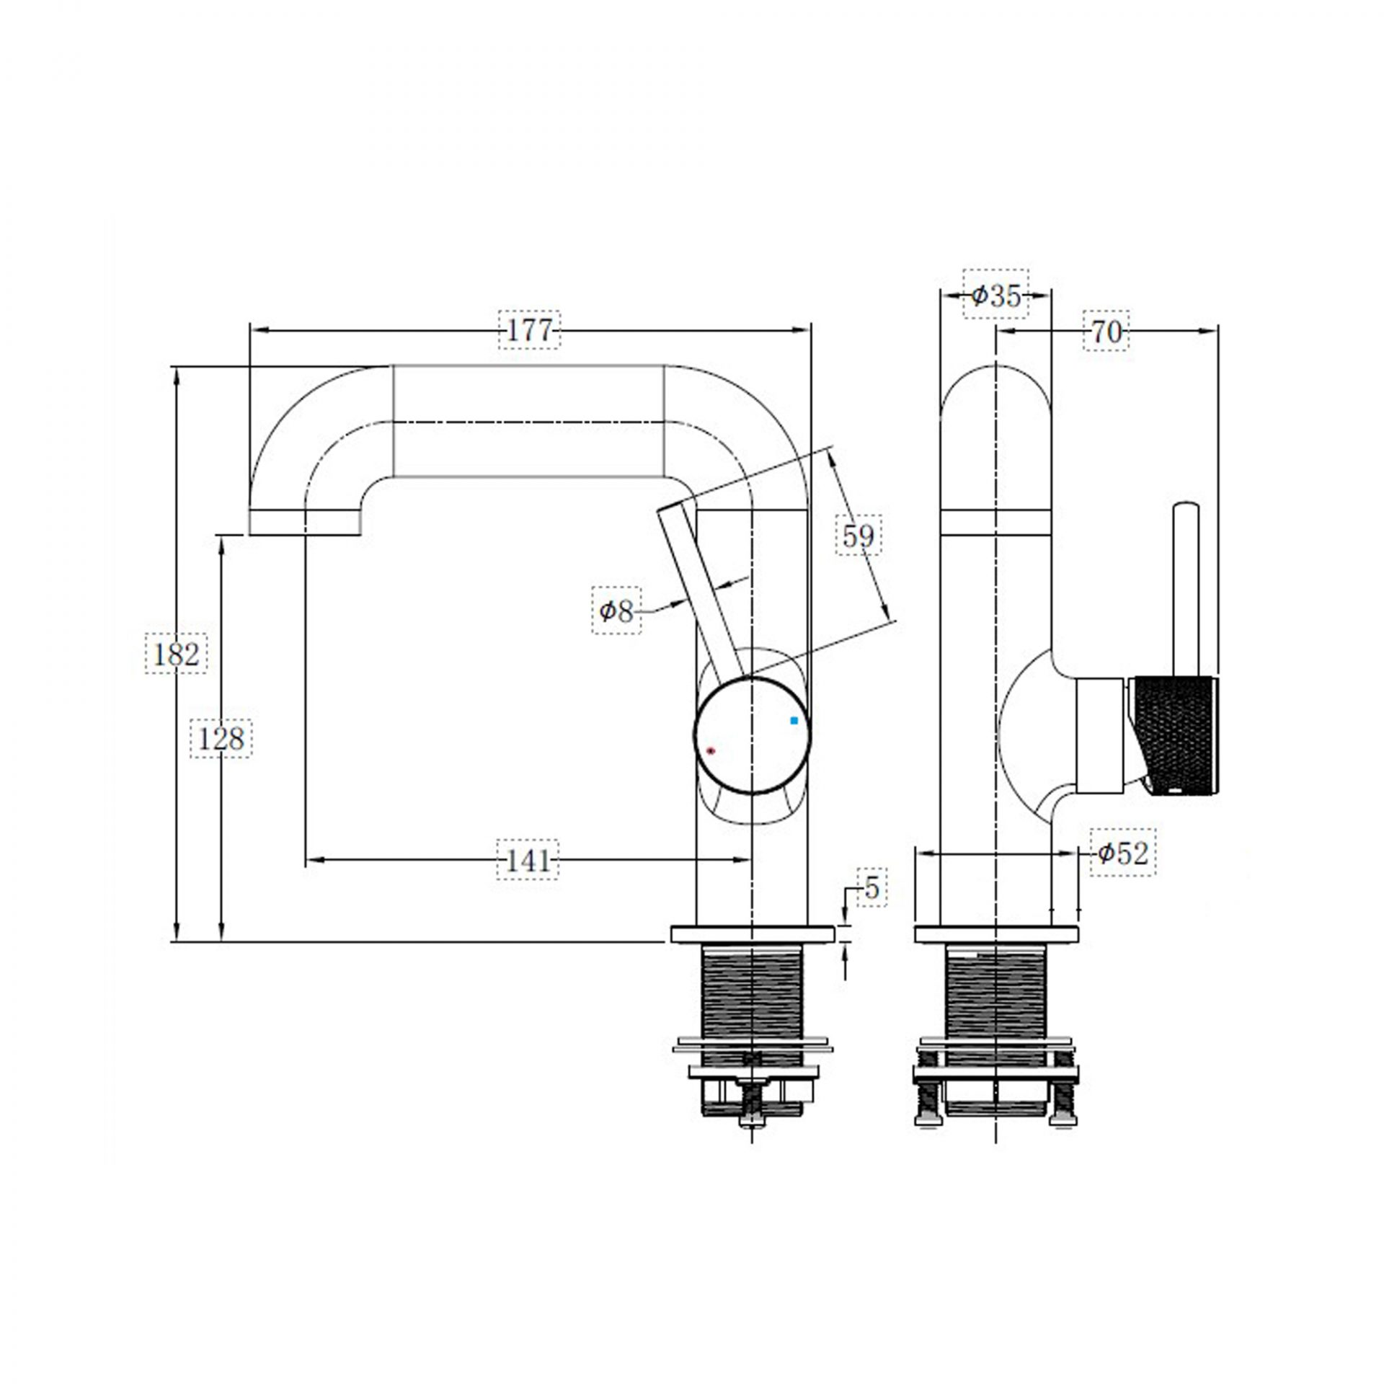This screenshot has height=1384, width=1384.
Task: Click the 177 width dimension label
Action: tap(528, 330)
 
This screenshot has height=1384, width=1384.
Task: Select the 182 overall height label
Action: tap(176, 654)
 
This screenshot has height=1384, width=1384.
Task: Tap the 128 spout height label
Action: tap(221, 738)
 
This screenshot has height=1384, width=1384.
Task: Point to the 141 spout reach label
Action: tap(528, 860)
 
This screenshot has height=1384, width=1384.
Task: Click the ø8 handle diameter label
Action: tap(616, 611)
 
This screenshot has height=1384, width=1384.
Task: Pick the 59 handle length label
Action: tap(859, 536)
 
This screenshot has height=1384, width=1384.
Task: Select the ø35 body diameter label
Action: tap(995, 295)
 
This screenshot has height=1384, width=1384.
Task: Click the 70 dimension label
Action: tap(1106, 332)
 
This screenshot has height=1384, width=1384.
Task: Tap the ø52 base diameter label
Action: tap(1122, 853)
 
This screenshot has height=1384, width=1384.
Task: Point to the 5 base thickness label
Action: tap(871, 888)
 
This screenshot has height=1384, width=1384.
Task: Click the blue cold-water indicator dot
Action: tap(794, 720)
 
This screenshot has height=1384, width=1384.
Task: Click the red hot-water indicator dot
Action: tap(711, 751)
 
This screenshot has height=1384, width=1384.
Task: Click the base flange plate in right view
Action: tap(996, 935)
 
